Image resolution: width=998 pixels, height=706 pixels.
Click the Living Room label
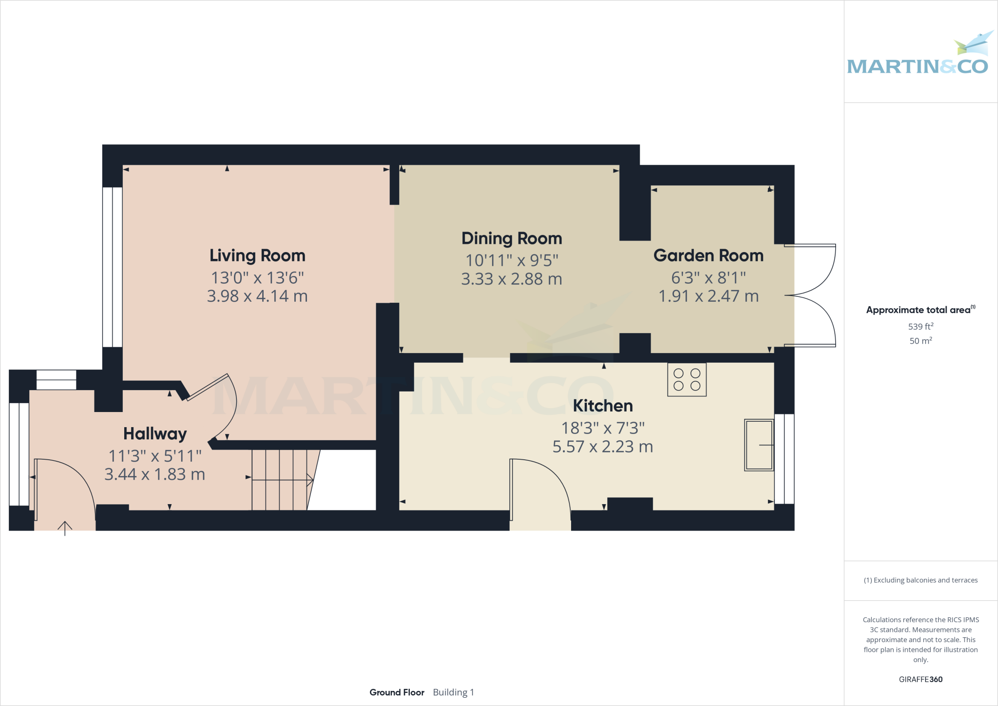click(x=257, y=255)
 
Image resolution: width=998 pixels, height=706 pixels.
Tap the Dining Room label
click(x=512, y=238)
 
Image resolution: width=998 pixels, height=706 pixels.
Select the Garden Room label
click(x=708, y=255)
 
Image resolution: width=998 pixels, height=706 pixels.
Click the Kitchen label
click(x=603, y=406)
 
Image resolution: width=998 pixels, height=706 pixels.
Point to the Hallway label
click(x=155, y=433)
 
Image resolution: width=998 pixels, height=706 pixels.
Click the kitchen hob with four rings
click(x=687, y=379)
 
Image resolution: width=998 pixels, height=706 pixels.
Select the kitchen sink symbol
click(x=759, y=445)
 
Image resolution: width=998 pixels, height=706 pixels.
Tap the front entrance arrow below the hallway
click(x=65, y=528)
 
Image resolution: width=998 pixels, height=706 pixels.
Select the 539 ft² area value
click(x=921, y=326)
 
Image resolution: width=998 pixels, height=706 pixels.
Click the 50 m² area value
click(x=921, y=340)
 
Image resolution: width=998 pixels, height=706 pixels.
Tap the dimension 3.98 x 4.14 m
click(x=257, y=296)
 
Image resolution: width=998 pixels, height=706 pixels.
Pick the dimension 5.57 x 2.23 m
click(x=603, y=447)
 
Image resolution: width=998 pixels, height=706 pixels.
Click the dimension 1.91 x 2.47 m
click(x=708, y=296)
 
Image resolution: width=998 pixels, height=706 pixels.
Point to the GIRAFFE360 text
click(x=921, y=679)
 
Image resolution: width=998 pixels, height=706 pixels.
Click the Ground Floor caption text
click(x=397, y=692)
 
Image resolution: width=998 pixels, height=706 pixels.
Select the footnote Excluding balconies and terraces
click(x=921, y=580)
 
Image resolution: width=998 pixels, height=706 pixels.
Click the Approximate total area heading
click(x=919, y=310)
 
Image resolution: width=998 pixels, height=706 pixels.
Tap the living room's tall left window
click(x=112, y=267)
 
